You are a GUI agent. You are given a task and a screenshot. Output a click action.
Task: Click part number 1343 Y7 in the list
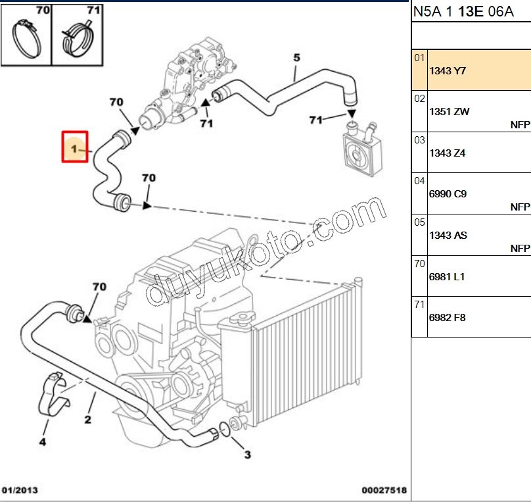click(x=447, y=70)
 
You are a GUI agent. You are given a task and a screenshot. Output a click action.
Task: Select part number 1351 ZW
click(x=449, y=111)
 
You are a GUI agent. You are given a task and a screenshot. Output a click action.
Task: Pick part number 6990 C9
click(x=448, y=194)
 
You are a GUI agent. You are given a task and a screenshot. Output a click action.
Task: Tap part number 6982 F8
click(x=447, y=317)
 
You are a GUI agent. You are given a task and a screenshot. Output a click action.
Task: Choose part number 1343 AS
click(x=448, y=235)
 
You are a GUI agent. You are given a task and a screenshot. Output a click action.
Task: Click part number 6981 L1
click(x=447, y=276)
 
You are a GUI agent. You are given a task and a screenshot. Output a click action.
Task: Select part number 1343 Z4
click(x=447, y=153)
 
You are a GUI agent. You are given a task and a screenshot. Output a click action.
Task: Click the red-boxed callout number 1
click(x=74, y=146)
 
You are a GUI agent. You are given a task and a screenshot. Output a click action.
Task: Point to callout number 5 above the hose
click(x=296, y=58)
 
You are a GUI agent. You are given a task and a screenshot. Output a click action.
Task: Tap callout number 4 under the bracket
click(x=42, y=442)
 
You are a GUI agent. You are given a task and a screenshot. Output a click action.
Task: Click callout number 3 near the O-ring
click(x=247, y=454)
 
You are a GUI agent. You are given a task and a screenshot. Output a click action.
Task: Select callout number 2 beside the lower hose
click(x=87, y=419)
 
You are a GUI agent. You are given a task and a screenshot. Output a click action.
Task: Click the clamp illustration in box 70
click(x=27, y=39)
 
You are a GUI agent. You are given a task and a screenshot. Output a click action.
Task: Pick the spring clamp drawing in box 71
click(x=78, y=39)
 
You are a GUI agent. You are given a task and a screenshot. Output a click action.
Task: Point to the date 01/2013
click(x=20, y=490)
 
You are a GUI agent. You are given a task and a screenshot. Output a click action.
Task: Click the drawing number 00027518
click(x=384, y=490)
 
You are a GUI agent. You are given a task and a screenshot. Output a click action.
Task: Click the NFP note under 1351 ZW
click(x=520, y=124)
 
